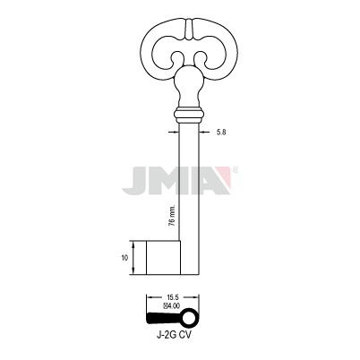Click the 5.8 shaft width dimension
221,132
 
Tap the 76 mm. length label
172,216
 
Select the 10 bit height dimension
124,258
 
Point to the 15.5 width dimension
173,297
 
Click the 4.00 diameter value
174,305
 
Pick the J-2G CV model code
174,335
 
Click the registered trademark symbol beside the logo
235,170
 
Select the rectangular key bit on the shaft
163,257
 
